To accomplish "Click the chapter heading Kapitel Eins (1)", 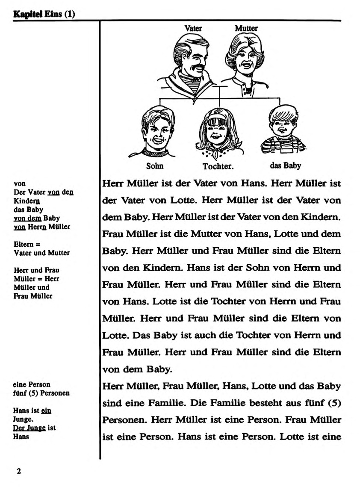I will click(44, 14).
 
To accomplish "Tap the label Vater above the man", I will click(193, 28).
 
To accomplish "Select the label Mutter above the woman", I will click(246, 28).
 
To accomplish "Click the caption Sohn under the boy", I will click(155, 166).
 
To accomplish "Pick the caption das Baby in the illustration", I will click(285, 165).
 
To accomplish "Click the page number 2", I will click(18, 471).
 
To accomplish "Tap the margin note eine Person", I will click(32, 384).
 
